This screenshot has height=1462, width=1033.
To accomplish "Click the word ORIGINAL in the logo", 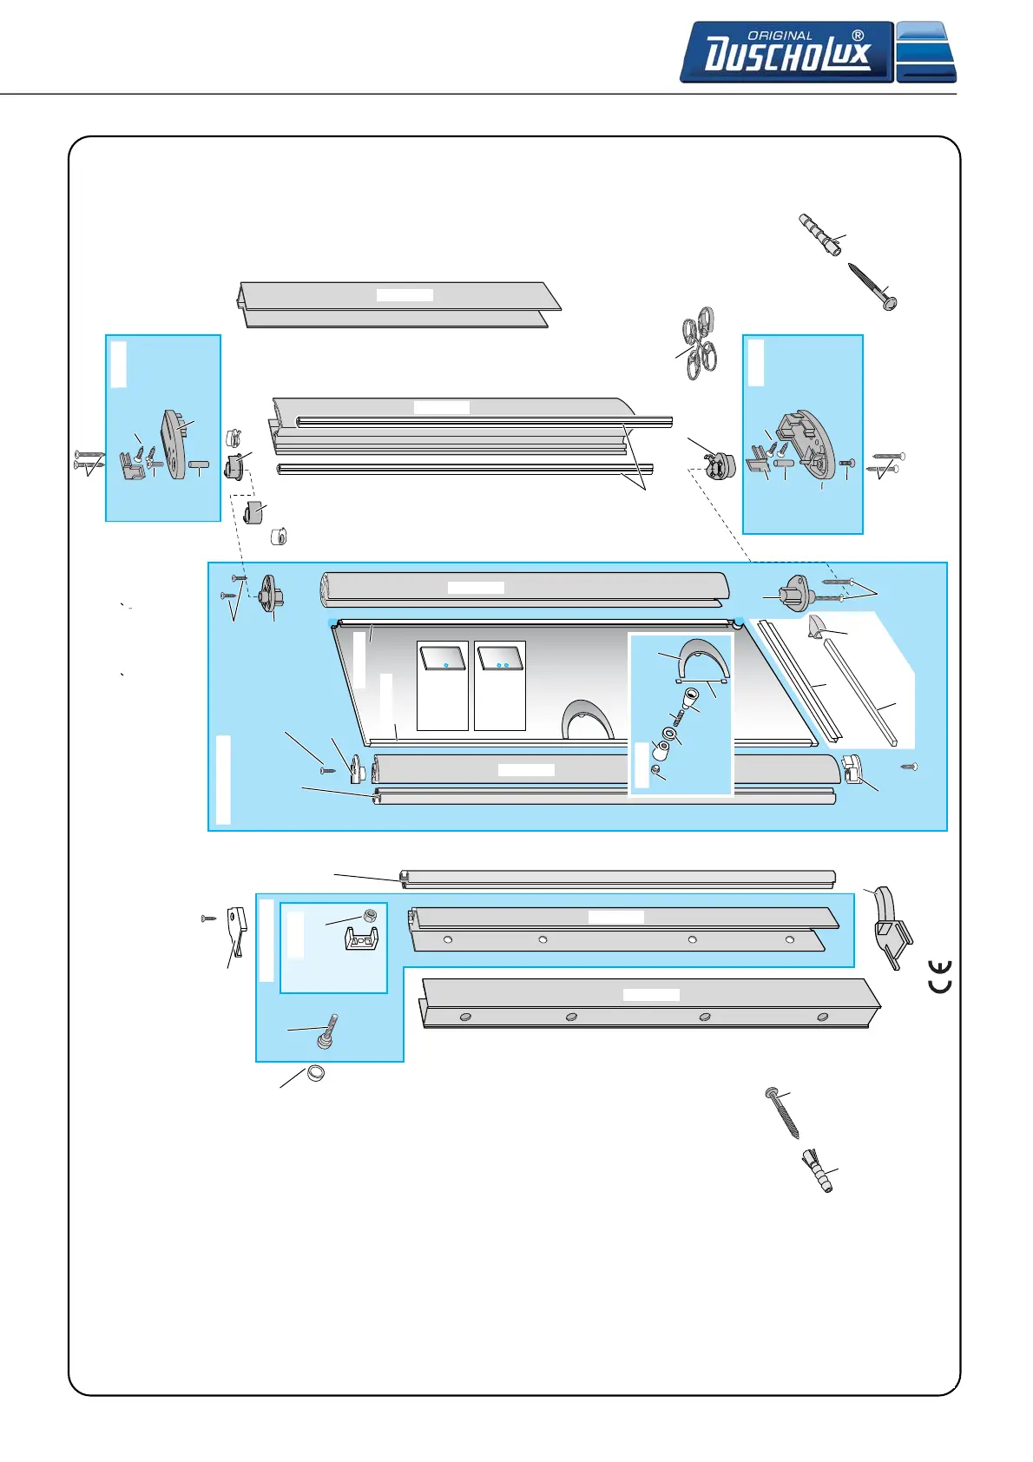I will click(x=780, y=36).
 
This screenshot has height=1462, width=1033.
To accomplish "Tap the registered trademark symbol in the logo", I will click(x=858, y=36).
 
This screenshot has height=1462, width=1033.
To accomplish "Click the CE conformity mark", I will click(x=940, y=977).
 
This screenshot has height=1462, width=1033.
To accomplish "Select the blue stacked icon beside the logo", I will click(x=925, y=52).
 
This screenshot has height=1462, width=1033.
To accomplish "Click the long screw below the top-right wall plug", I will click(x=870, y=284).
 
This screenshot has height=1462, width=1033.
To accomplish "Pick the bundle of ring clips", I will click(x=699, y=344).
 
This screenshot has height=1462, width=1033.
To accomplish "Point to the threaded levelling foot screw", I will click(x=328, y=1030).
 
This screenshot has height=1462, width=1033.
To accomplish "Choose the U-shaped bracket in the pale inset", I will click(x=362, y=938).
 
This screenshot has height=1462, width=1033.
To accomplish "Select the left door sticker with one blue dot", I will click(x=443, y=657).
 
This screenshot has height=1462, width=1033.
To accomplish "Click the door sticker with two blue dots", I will click(x=500, y=657).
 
